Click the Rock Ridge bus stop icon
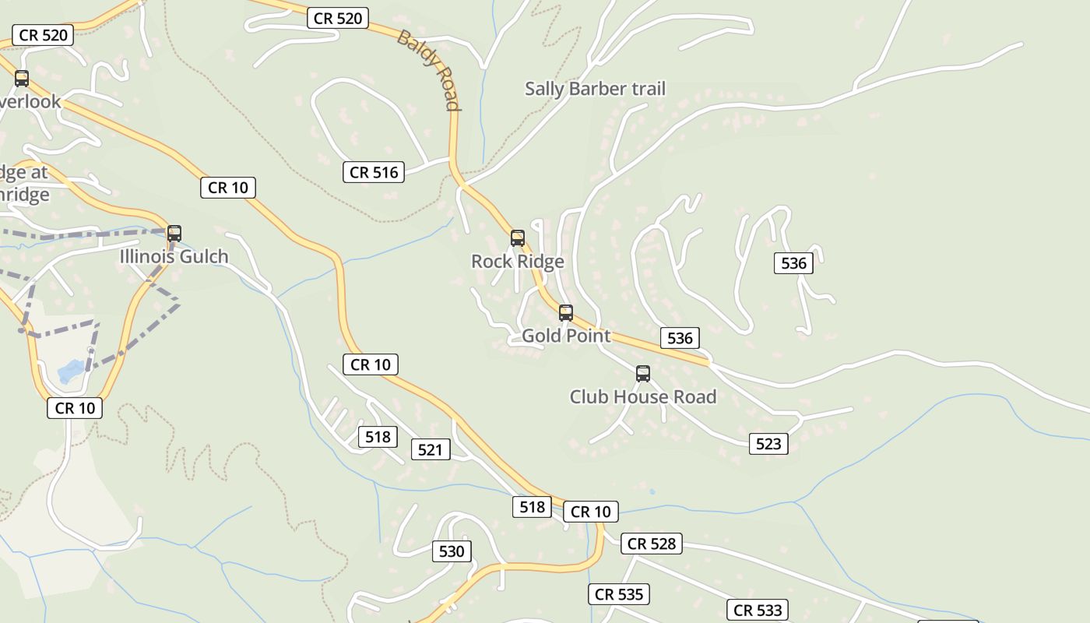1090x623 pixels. tap(518, 238)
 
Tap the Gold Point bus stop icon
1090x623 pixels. tap(566, 313)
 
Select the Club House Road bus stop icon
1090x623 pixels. tap(643, 374)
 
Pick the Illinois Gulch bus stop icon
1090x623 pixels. tap(174, 234)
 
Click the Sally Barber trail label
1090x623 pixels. tap(595, 89)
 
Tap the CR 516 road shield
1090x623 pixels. tap(374, 172)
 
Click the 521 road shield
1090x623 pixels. tap(430, 449)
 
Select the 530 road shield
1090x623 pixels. tap(452, 551)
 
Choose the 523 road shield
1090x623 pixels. tap(768, 444)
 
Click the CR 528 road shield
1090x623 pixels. tap(652, 544)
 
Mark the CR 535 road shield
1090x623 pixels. tap(619, 594)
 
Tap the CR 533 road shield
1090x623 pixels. tap(758, 610)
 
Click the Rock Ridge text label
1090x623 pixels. tap(518, 262)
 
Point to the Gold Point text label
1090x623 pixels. tap(566, 336)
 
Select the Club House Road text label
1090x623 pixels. tap(643, 396)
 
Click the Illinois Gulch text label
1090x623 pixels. tap(174, 256)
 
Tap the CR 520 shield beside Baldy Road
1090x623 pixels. tap(338, 18)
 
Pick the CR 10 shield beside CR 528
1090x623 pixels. tap(590, 512)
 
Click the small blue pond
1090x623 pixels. tap(70, 371)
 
